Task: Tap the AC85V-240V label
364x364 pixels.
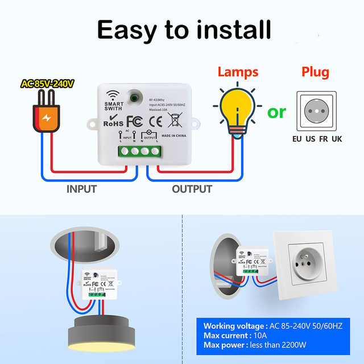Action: pos(48,84)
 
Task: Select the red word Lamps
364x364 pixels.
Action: pos(238,72)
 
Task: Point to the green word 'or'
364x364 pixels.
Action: pos(277,111)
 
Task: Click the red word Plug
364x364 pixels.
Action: pos(315,72)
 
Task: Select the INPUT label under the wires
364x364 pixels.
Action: pos(82,189)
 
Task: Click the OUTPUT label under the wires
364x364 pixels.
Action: pos(192,189)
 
